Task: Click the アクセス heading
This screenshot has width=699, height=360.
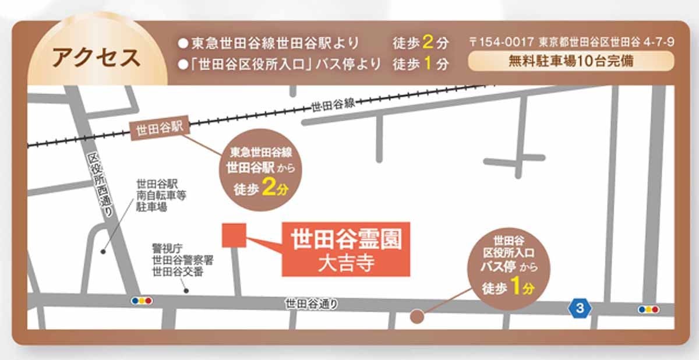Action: (x=96, y=58)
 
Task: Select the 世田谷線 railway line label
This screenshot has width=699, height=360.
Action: (x=333, y=105)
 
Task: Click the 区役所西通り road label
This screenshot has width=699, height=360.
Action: (x=100, y=186)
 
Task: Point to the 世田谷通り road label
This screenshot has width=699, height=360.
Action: (x=311, y=303)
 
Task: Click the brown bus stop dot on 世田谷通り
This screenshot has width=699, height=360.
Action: (x=417, y=316)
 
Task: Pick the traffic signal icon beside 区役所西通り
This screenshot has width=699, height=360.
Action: (x=142, y=301)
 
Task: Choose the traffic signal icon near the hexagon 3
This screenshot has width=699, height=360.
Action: (x=648, y=309)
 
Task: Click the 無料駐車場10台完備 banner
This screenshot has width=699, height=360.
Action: (x=570, y=61)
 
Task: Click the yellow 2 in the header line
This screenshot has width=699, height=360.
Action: (x=428, y=43)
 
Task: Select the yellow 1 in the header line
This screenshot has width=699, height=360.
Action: (x=428, y=64)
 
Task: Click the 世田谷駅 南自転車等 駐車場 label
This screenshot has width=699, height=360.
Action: (x=161, y=195)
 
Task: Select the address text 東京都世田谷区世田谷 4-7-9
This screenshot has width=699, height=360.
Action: (x=606, y=43)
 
